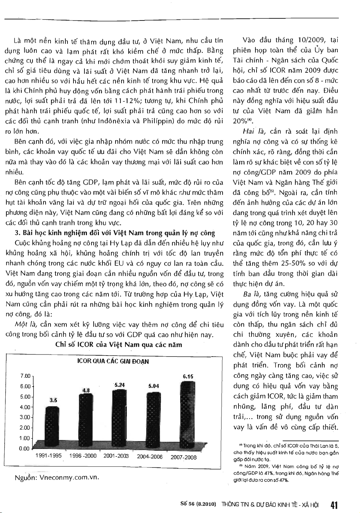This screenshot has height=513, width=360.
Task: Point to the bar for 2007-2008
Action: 187,413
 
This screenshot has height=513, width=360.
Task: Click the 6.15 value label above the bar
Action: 188,377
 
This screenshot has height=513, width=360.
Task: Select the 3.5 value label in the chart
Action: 53,400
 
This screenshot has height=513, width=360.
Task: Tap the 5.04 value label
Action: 154,386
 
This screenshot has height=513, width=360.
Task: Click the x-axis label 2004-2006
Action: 149,457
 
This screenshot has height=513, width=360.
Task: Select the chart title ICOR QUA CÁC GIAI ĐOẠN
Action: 113,361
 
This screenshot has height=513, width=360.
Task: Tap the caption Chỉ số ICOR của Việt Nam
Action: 119,345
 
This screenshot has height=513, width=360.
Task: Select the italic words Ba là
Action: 250,294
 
